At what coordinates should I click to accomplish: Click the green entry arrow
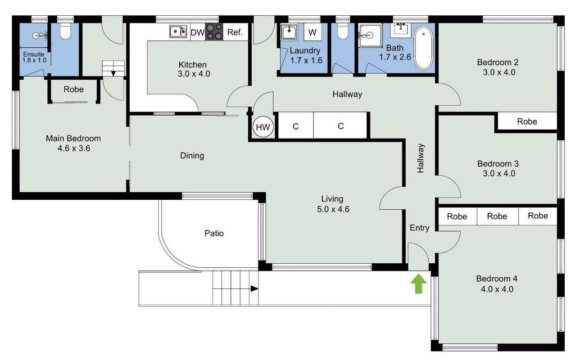point(418,283)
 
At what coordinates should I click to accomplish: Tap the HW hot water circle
point(263,127)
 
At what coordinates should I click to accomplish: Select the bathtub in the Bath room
point(424,48)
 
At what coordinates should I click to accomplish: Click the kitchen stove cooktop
point(214,31)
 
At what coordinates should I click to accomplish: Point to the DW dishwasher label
point(197,32)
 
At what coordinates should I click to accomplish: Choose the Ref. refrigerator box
point(235,32)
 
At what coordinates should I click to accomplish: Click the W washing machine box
point(312,32)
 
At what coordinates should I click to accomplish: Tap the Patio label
point(214,233)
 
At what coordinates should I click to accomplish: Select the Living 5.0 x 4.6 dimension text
point(333,209)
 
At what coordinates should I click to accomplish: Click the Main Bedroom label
point(73,138)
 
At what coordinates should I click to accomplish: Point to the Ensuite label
point(34,54)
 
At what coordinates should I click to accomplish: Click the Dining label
point(192,156)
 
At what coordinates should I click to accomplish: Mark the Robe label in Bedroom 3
point(527,121)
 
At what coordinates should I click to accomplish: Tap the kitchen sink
point(178,31)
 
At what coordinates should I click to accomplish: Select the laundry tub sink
point(289,32)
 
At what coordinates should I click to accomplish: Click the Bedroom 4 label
point(497,279)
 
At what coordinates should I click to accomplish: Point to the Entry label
point(420,228)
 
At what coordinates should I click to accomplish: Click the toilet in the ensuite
point(65,31)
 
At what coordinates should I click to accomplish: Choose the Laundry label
point(305,51)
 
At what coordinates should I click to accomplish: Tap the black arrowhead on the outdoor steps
point(254,288)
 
